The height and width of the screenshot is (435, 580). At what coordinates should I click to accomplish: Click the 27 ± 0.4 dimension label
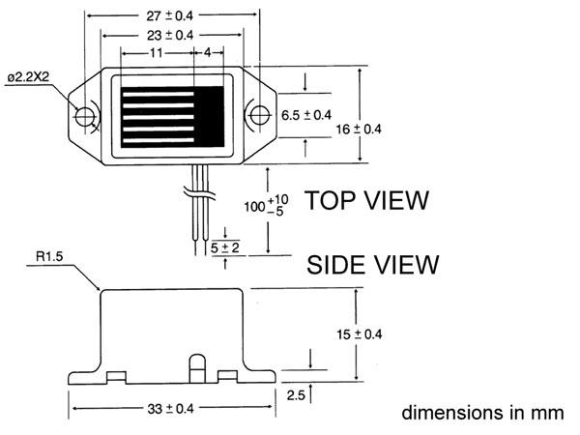(x=171, y=14)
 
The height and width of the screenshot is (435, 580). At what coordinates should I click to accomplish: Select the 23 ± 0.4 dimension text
(x=171, y=34)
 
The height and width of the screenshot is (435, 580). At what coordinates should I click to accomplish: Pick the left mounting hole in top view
(x=86, y=116)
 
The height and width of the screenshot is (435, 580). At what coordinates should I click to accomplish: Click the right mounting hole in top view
(x=257, y=115)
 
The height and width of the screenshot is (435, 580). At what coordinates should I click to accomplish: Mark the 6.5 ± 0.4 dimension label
(x=306, y=115)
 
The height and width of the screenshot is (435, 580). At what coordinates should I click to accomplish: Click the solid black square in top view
(x=210, y=109)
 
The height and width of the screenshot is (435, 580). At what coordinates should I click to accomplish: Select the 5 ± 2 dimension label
(x=225, y=248)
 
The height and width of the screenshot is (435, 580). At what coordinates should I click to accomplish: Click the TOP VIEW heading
(x=366, y=201)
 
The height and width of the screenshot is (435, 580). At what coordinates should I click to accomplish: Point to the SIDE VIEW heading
(x=373, y=264)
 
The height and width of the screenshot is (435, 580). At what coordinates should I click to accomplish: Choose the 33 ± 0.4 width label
(x=171, y=410)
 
